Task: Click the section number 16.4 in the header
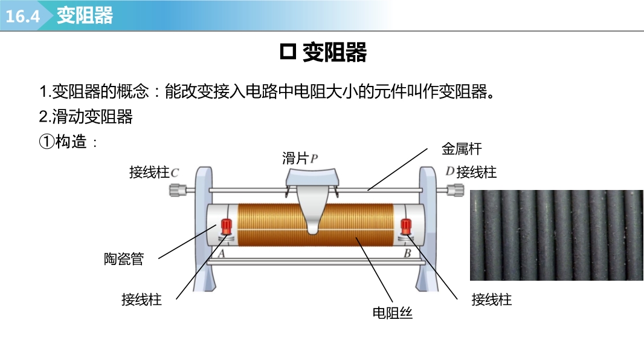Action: (x=23, y=16)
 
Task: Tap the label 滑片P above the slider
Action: (x=300, y=159)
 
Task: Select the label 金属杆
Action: (x=462, y=149)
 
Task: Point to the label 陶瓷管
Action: (x=124, y=259)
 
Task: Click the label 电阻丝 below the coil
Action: (x=392, y=313)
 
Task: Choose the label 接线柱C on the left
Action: (x=154, y=172)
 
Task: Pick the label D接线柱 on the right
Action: (x=471, y=172)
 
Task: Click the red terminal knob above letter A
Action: (x=227, y=227)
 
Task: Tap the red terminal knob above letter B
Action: (x=407, y=226)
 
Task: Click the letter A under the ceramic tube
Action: (x=221, y=254)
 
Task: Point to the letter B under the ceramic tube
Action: (x=407, y=254)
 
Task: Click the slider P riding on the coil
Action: (x=312, y=200)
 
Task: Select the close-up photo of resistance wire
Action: (x=556, y=235)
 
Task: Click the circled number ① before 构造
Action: (x=47, y=142)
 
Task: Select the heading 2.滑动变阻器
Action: (x=86, y=117)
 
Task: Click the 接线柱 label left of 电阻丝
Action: (x=141, y=299)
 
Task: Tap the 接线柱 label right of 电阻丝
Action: (x=491, y=299)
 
